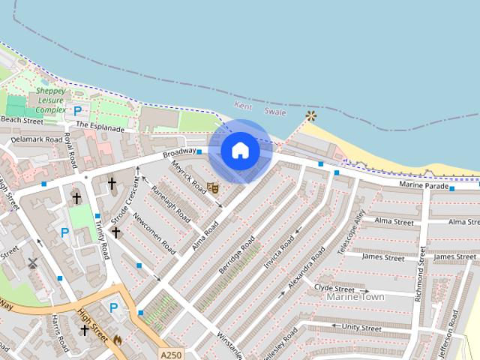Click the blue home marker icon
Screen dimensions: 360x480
(x=240, y=151)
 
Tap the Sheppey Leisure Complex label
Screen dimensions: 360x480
(x=50, y=100)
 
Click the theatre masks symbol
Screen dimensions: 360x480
(x=213, y=187)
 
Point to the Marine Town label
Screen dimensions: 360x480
(x=355, y=298)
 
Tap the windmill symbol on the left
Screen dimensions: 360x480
(x=32, y=263)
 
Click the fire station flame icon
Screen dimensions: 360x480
(x=118, y=340)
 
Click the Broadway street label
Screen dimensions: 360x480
(x=178, y=153)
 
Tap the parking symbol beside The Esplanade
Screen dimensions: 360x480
(x=77, y=111)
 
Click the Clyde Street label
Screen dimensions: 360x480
(x=334, y=288)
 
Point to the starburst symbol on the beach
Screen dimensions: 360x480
(x=310, y=116)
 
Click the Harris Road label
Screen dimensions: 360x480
(x=59, y=334)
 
